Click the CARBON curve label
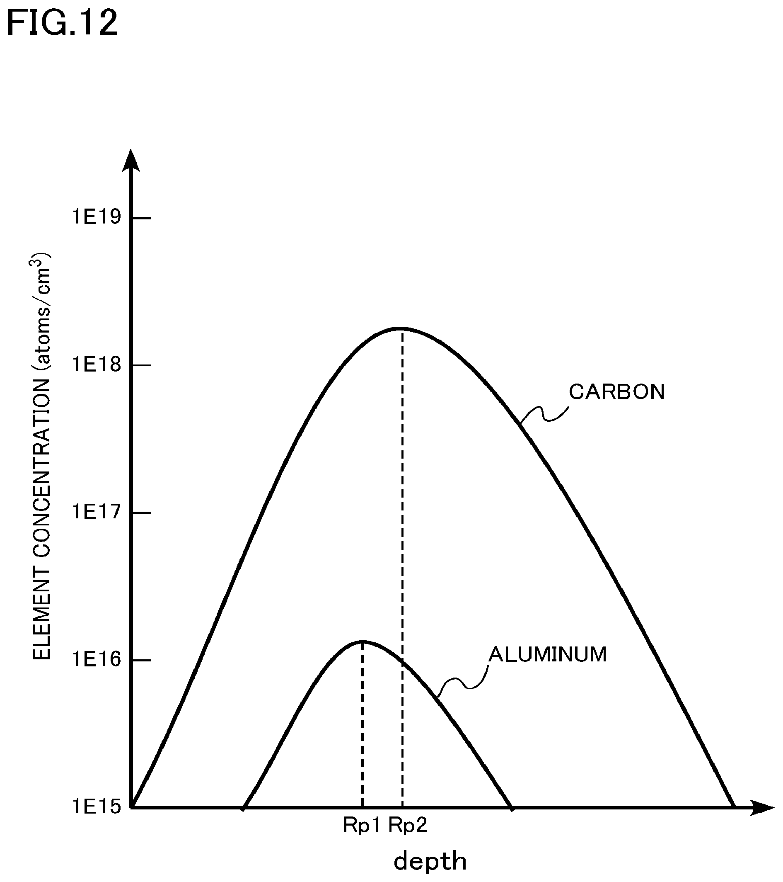pos(616,392)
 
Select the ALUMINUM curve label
pos(548,655)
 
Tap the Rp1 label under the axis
pos(362,826)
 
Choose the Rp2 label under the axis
pos(408,826)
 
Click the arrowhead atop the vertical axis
pos(131,160)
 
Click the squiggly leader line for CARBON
pos(544,414)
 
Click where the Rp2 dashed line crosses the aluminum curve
pos(402,660)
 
